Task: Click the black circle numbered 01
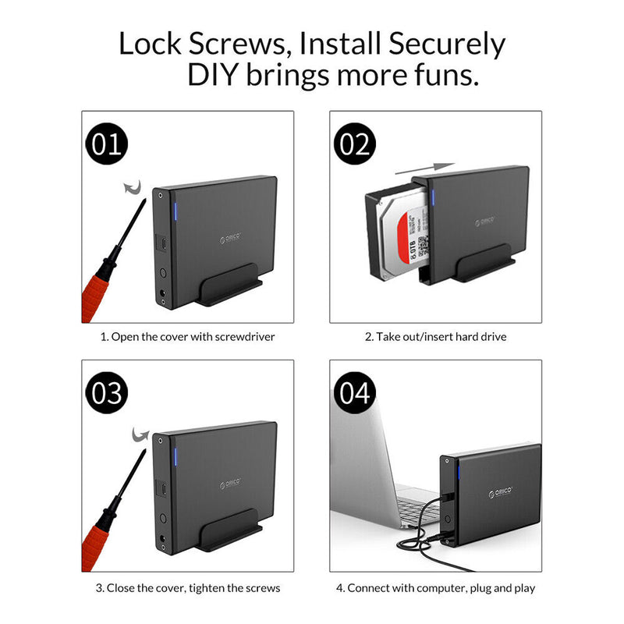pos(106,145)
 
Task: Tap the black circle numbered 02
pos(355,145)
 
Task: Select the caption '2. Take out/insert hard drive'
pos(436,338)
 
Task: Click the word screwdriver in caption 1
pos(243,338)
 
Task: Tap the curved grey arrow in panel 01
pos(133,188)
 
